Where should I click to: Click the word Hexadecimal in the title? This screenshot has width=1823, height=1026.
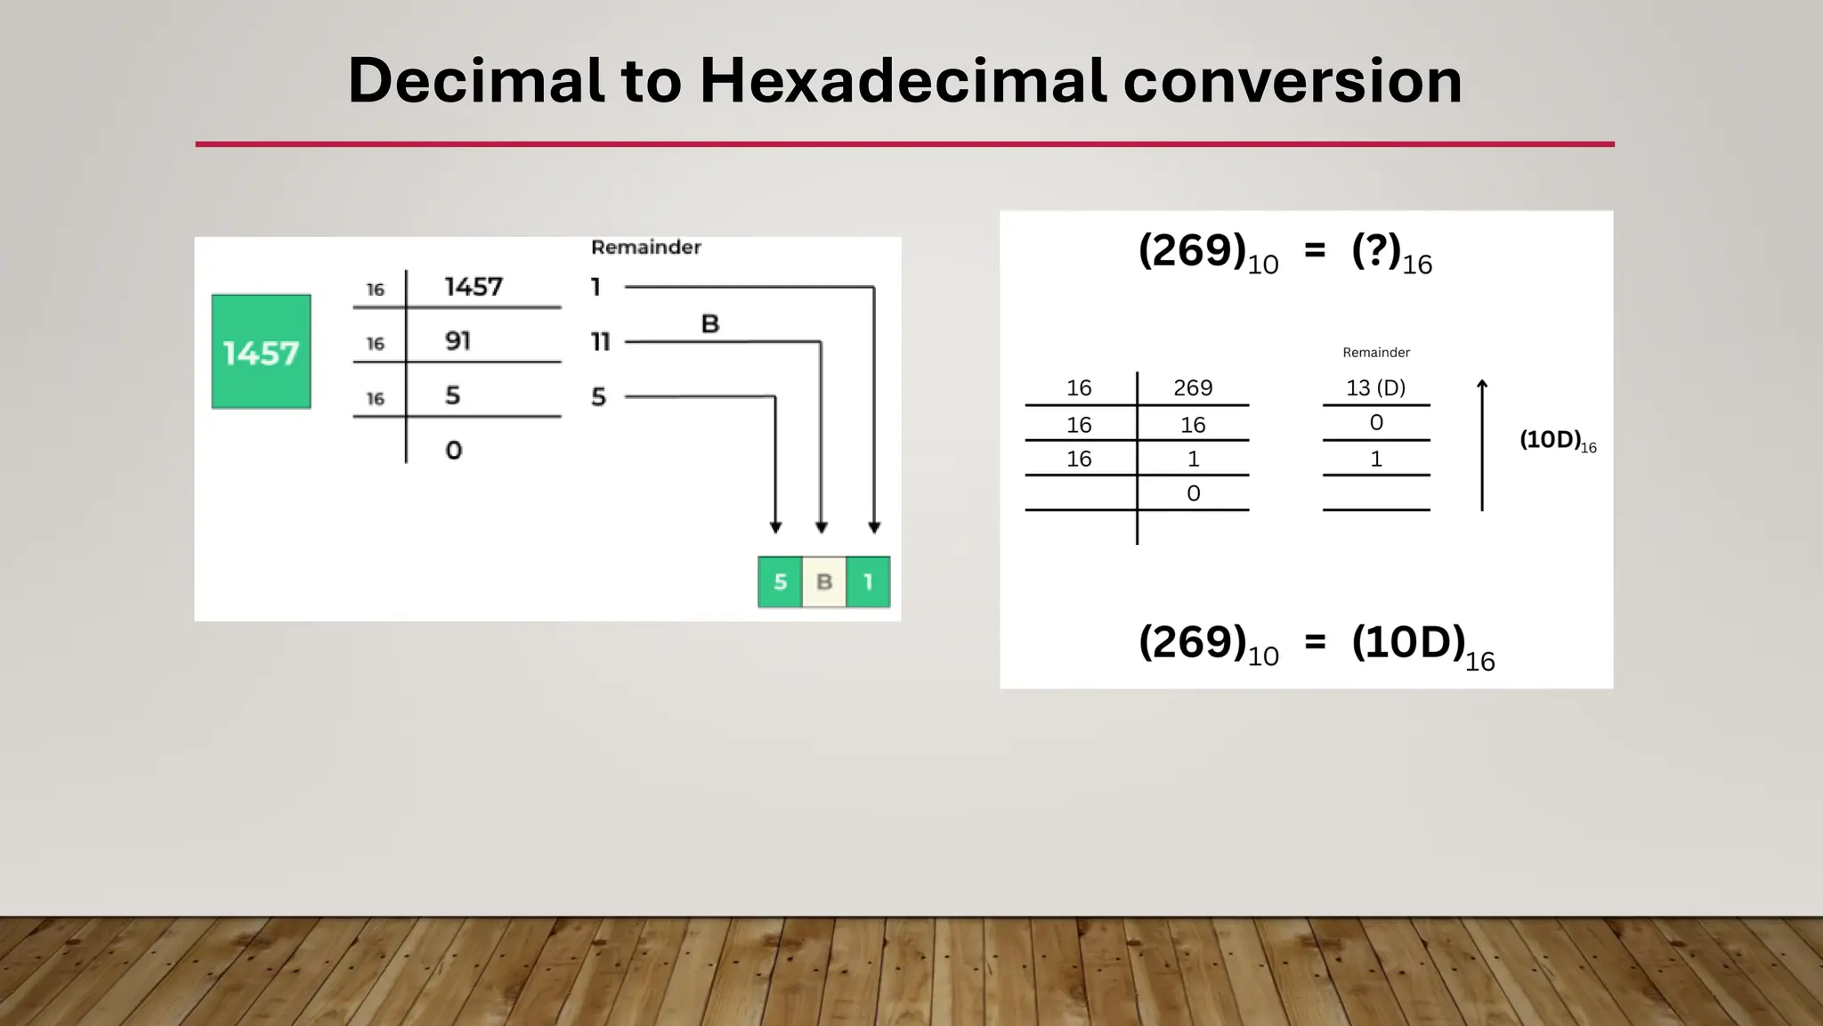tap(903, 80)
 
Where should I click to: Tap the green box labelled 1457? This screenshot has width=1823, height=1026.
tap(261, 352)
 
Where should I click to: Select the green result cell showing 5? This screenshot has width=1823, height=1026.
tap(780, 582)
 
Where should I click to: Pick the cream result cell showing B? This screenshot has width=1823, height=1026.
tap(824, 582)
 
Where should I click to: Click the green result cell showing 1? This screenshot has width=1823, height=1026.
tap(868, 582)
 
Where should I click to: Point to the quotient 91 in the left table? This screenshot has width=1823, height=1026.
tap(458, 341)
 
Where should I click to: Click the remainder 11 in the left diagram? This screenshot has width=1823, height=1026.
tap(601, 341)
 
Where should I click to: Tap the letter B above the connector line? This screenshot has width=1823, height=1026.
tap(709, 323)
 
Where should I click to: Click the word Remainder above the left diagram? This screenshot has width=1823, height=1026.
tap(645, 247)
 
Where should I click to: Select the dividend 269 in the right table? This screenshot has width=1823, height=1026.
tap(1193, 387)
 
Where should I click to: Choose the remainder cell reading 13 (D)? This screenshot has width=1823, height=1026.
tap(1375, 387)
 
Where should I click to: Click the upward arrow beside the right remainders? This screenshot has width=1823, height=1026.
tap(1482, 444)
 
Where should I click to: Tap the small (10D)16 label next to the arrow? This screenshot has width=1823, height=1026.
tap(1557, 440)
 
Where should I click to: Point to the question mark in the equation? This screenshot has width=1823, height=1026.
tap(1376, 250)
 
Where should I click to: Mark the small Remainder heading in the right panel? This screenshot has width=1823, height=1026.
tap(1376, 353)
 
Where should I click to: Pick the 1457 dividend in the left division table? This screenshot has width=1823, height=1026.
tap(474, 287)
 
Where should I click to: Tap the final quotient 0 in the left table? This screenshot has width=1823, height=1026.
tap(454, 450)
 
